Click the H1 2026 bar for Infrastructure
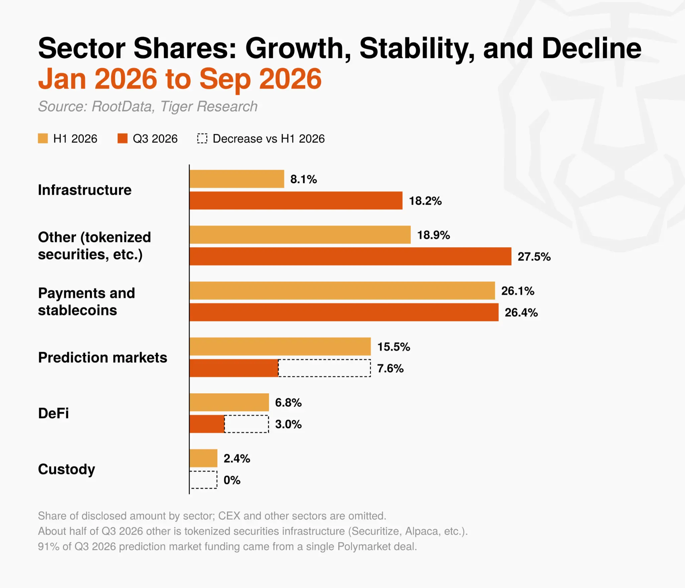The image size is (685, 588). pyautogui.click(x=237, y=179)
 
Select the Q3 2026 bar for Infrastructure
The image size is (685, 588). pyautogui.click(x=296, y=201)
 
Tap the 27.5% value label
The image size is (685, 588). pyautogui.click(x=534, y=257)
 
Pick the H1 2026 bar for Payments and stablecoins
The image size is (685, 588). pyautogui.click(x=342, y=291)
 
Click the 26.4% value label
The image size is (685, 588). pyautogui.click(x=521, y=312)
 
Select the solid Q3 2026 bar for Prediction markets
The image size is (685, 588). pyautogui.click(x=234, y=368)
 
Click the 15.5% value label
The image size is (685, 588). pyautogui.click(x=394, y=347)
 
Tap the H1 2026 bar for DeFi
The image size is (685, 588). pyautogui.click(x=229, y=402)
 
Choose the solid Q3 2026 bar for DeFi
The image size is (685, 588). pyautogui.click(x=207, y=424)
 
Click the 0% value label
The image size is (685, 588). pyautogui.click(x=232, y=480)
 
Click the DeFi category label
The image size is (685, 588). pyautogui.click(x=54, y=413)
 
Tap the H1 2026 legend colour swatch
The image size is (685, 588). pyautogui.click(x=43, y=138)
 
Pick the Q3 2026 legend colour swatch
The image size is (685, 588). pyautogui.click(x=122, y=138)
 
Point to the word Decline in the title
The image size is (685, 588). pyautogui.click(x=592, y=48)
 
